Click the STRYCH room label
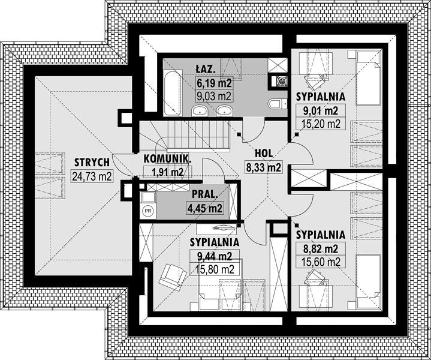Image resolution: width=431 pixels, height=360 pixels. coord(92,163)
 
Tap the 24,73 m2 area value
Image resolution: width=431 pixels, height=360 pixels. coord(92,176)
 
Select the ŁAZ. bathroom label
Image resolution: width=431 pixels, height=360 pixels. coord(206,69)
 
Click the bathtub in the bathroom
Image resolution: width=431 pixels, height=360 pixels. coord(173,93)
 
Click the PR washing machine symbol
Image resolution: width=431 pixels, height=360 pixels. coord(148,211)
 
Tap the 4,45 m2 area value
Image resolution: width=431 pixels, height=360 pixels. coord(204,208)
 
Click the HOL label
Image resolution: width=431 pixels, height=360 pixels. coord(264,154)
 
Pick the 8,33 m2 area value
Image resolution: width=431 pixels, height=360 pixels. coord(264,167)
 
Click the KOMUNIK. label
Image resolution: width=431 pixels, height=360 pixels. coord(168,159)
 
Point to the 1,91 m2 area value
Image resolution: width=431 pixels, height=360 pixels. coord(167,172)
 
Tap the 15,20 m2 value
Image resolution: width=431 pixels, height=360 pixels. coord(321,124)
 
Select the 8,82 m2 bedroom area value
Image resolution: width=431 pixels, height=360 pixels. coord(321,248)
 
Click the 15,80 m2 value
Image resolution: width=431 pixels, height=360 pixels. coord(215,269)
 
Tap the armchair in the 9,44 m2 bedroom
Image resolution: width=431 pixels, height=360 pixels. coord(173,277)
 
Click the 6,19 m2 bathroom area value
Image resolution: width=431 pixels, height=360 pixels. coord(215,83)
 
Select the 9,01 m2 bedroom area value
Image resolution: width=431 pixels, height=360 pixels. coord(321,110)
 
